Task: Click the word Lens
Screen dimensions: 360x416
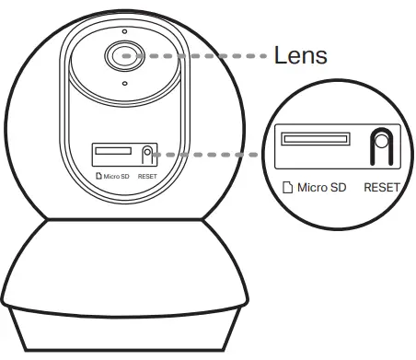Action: click(300, 55)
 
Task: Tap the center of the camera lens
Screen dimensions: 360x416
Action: click(123, 55)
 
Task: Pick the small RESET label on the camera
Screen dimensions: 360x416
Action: click(147, 173)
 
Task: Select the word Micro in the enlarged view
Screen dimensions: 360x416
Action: click(310, 188)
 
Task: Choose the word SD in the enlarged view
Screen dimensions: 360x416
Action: click(338, 188)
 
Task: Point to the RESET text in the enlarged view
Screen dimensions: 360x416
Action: click(382, 188)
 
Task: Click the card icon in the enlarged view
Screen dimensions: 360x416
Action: click(286, 188)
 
